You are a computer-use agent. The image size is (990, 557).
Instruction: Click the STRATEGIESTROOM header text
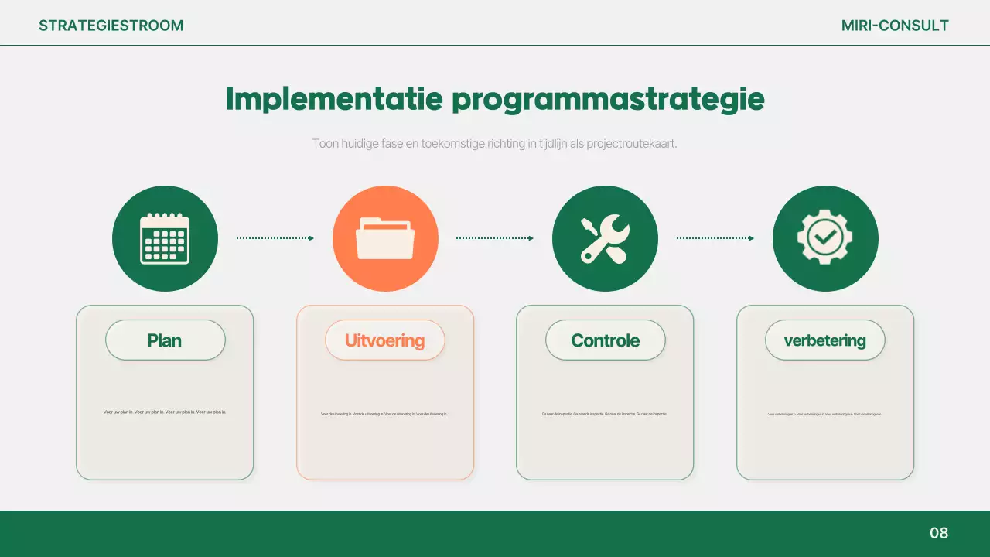111,26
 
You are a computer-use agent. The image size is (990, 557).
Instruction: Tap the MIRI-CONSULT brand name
895,26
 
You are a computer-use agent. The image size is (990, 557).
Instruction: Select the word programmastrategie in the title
608,99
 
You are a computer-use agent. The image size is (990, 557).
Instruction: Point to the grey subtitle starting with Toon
495,144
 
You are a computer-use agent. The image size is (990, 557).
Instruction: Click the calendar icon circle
165,238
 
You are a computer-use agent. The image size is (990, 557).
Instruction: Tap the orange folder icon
385,238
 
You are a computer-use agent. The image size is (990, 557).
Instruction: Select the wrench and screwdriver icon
605,238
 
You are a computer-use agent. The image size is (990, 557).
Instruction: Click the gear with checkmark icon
825,238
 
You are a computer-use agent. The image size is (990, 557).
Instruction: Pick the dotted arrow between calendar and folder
275,238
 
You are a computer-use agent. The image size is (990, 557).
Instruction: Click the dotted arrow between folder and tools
495,238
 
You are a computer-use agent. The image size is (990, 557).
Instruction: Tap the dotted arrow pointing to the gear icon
715,238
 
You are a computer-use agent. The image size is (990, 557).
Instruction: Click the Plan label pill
165,340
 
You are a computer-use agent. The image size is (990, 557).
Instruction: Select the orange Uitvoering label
385,340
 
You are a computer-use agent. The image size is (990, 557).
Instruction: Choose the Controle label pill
605,340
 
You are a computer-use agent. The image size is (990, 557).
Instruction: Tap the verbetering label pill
825,340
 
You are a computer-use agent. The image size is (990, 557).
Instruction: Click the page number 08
938,533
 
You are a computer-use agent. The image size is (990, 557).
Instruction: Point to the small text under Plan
165,412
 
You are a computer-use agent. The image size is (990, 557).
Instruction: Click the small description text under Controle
605,414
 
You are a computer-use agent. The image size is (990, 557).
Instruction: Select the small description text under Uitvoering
385,414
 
